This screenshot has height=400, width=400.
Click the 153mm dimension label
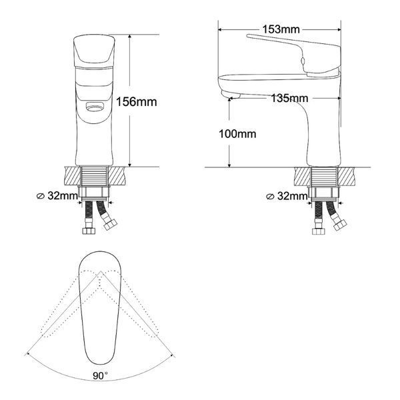click(x=281, y=29)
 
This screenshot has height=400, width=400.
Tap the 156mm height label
click(x=137, y=102)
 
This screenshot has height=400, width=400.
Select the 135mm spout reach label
click(x=289, y=98)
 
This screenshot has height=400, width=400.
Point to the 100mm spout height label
click(x=237, y=134)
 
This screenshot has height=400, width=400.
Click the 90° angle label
click(x=100, y=375)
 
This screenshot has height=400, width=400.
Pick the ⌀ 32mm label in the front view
click(x=57, y=196)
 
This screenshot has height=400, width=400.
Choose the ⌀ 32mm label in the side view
click(x=287, y=196)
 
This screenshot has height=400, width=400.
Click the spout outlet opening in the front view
click(x=95, y=107)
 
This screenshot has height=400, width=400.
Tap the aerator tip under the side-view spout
click(x=231, y=95)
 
